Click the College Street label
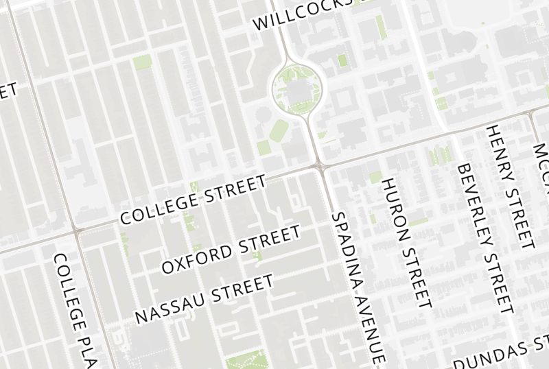coord(193,200)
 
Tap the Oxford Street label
coord(231,249)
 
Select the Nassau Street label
coord(204,299)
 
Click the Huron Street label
coord(406,241)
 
